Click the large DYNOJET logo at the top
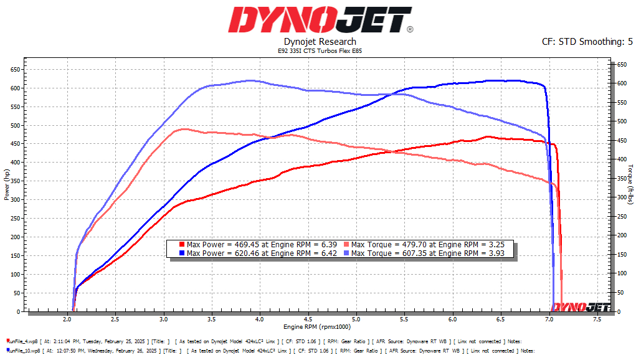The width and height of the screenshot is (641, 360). point(320,19)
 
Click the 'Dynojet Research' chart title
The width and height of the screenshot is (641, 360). point(320,42)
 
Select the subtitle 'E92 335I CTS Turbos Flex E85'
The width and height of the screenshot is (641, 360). point(320,50)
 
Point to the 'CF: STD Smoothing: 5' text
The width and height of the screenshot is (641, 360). point(587,42)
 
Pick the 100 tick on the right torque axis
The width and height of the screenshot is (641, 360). point(621,273)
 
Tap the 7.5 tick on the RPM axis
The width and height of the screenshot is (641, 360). point(597,320)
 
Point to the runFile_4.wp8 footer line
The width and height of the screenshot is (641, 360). point(262,341)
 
